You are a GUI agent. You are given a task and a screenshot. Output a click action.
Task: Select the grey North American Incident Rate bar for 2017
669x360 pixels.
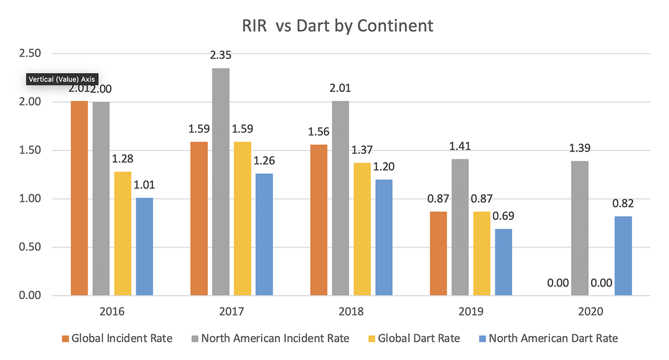221,182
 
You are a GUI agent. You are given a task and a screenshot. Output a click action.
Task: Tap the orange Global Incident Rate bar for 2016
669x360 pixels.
79,198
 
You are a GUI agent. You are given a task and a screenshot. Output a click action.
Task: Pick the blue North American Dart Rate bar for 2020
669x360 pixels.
623,256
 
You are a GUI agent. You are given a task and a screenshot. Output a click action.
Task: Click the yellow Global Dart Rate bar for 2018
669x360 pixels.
362,229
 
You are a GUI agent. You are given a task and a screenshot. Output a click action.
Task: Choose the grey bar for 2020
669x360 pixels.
580,228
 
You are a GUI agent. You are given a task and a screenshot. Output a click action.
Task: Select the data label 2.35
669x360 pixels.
221,55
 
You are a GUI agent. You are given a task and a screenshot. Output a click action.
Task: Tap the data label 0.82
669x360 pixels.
623,203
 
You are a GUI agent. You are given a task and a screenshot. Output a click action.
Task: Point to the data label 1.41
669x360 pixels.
460,147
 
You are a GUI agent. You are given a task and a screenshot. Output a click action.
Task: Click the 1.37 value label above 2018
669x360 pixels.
362,150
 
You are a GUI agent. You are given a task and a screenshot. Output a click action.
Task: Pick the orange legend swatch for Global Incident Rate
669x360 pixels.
66,338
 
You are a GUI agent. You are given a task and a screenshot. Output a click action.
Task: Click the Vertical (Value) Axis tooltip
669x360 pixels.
62,80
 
